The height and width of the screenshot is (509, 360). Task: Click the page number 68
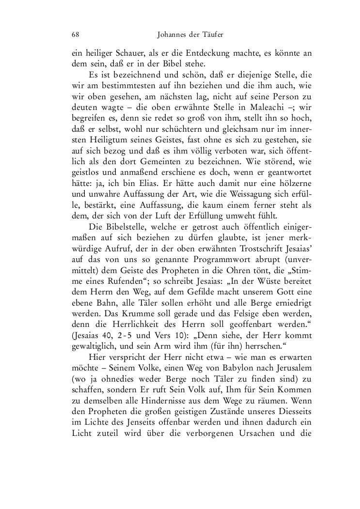point(75,34)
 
